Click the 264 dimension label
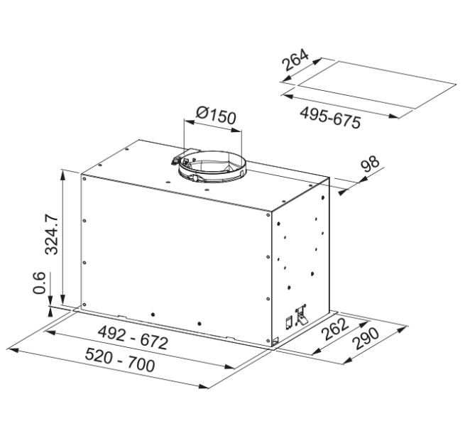(x=295, y=60)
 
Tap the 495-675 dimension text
(x=330, y=118)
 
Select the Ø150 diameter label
(x=216, y=115)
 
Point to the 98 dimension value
(x=370, y=163)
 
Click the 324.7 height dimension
(x=51, y=234)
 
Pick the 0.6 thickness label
(x=40, y=283)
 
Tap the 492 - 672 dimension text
(x=133, y=338)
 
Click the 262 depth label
(x=335, y=329)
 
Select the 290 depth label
(x=366, y=339)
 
